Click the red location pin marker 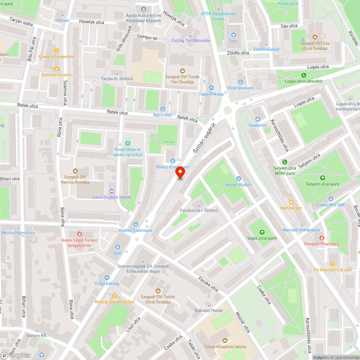pos(180,173)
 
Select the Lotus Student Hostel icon pos(111,191)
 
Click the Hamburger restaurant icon pos(291,202)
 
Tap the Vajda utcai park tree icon pos(262,232)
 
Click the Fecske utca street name pos(208,284)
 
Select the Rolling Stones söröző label pos(114,302)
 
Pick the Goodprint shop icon pos(257,119)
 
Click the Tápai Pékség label pos(211,94)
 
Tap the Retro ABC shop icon pos(163,109)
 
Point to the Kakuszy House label pos(209,310)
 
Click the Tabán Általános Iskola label pos(225,347)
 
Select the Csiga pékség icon pos(107,277)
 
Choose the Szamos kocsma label pos(56,75)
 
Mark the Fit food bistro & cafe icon pos(333,264)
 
